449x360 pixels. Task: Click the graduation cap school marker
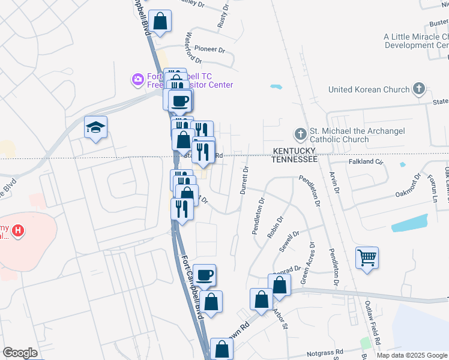pyautogui.click(x=95, y=127)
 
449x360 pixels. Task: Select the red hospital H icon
pyautogui.click(x=19, y=230)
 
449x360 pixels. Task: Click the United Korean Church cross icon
pyautogui.click(x=419, y=90)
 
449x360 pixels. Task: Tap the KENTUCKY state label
pyautogui.click(x=294, y=151)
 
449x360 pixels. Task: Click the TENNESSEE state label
pyautogui.click(x=294, y=159)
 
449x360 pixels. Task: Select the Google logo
pyautogui.click(x=20, y=353)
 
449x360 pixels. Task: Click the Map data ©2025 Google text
pyautogui.click(x=412, y=355)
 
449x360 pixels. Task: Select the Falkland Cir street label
pyautogui.click(x=366, y=161)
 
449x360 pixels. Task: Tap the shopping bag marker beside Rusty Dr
pyautogui.click(x=160, y=22)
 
